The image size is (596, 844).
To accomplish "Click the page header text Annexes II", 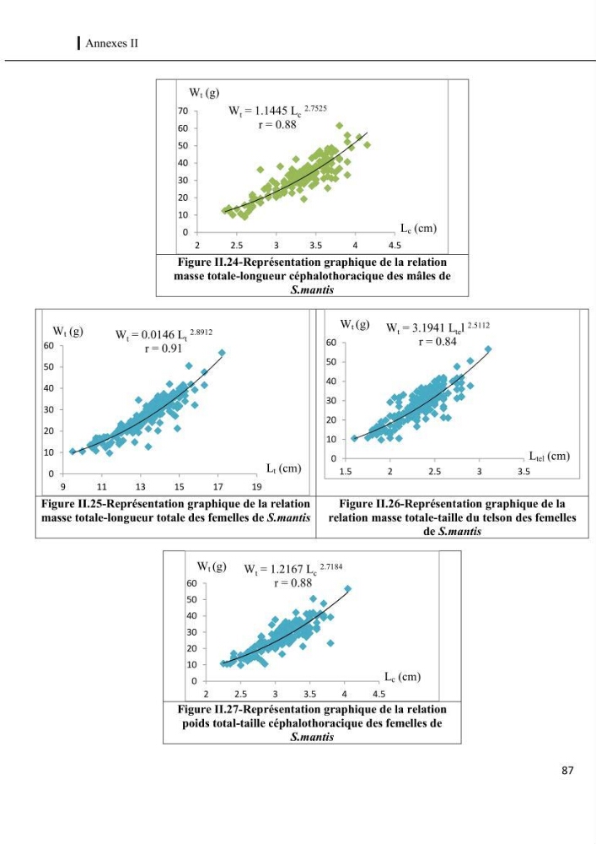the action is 111,44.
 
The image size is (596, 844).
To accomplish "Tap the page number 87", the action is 567,771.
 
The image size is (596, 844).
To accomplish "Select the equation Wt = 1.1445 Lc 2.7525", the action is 277,111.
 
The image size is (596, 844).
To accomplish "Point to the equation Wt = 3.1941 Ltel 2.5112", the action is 438,327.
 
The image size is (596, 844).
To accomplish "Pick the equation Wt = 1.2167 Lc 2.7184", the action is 293,568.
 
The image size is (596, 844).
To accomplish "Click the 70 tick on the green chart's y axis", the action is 183,111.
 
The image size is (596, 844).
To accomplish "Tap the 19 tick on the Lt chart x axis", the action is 257,487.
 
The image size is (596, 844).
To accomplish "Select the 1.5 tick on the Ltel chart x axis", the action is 346,472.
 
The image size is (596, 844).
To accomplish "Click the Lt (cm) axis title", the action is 284,468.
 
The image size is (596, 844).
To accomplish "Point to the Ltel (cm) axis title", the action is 550,457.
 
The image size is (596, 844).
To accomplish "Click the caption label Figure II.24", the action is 210,262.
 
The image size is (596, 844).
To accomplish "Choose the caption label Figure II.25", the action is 73,504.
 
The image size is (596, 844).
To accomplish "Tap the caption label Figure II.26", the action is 372,504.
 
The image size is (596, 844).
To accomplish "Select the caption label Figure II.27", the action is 210,710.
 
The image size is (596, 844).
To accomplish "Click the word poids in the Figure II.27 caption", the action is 196,723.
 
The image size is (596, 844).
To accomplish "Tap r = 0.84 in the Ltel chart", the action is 438,341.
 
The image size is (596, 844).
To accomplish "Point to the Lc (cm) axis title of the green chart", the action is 419,228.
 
